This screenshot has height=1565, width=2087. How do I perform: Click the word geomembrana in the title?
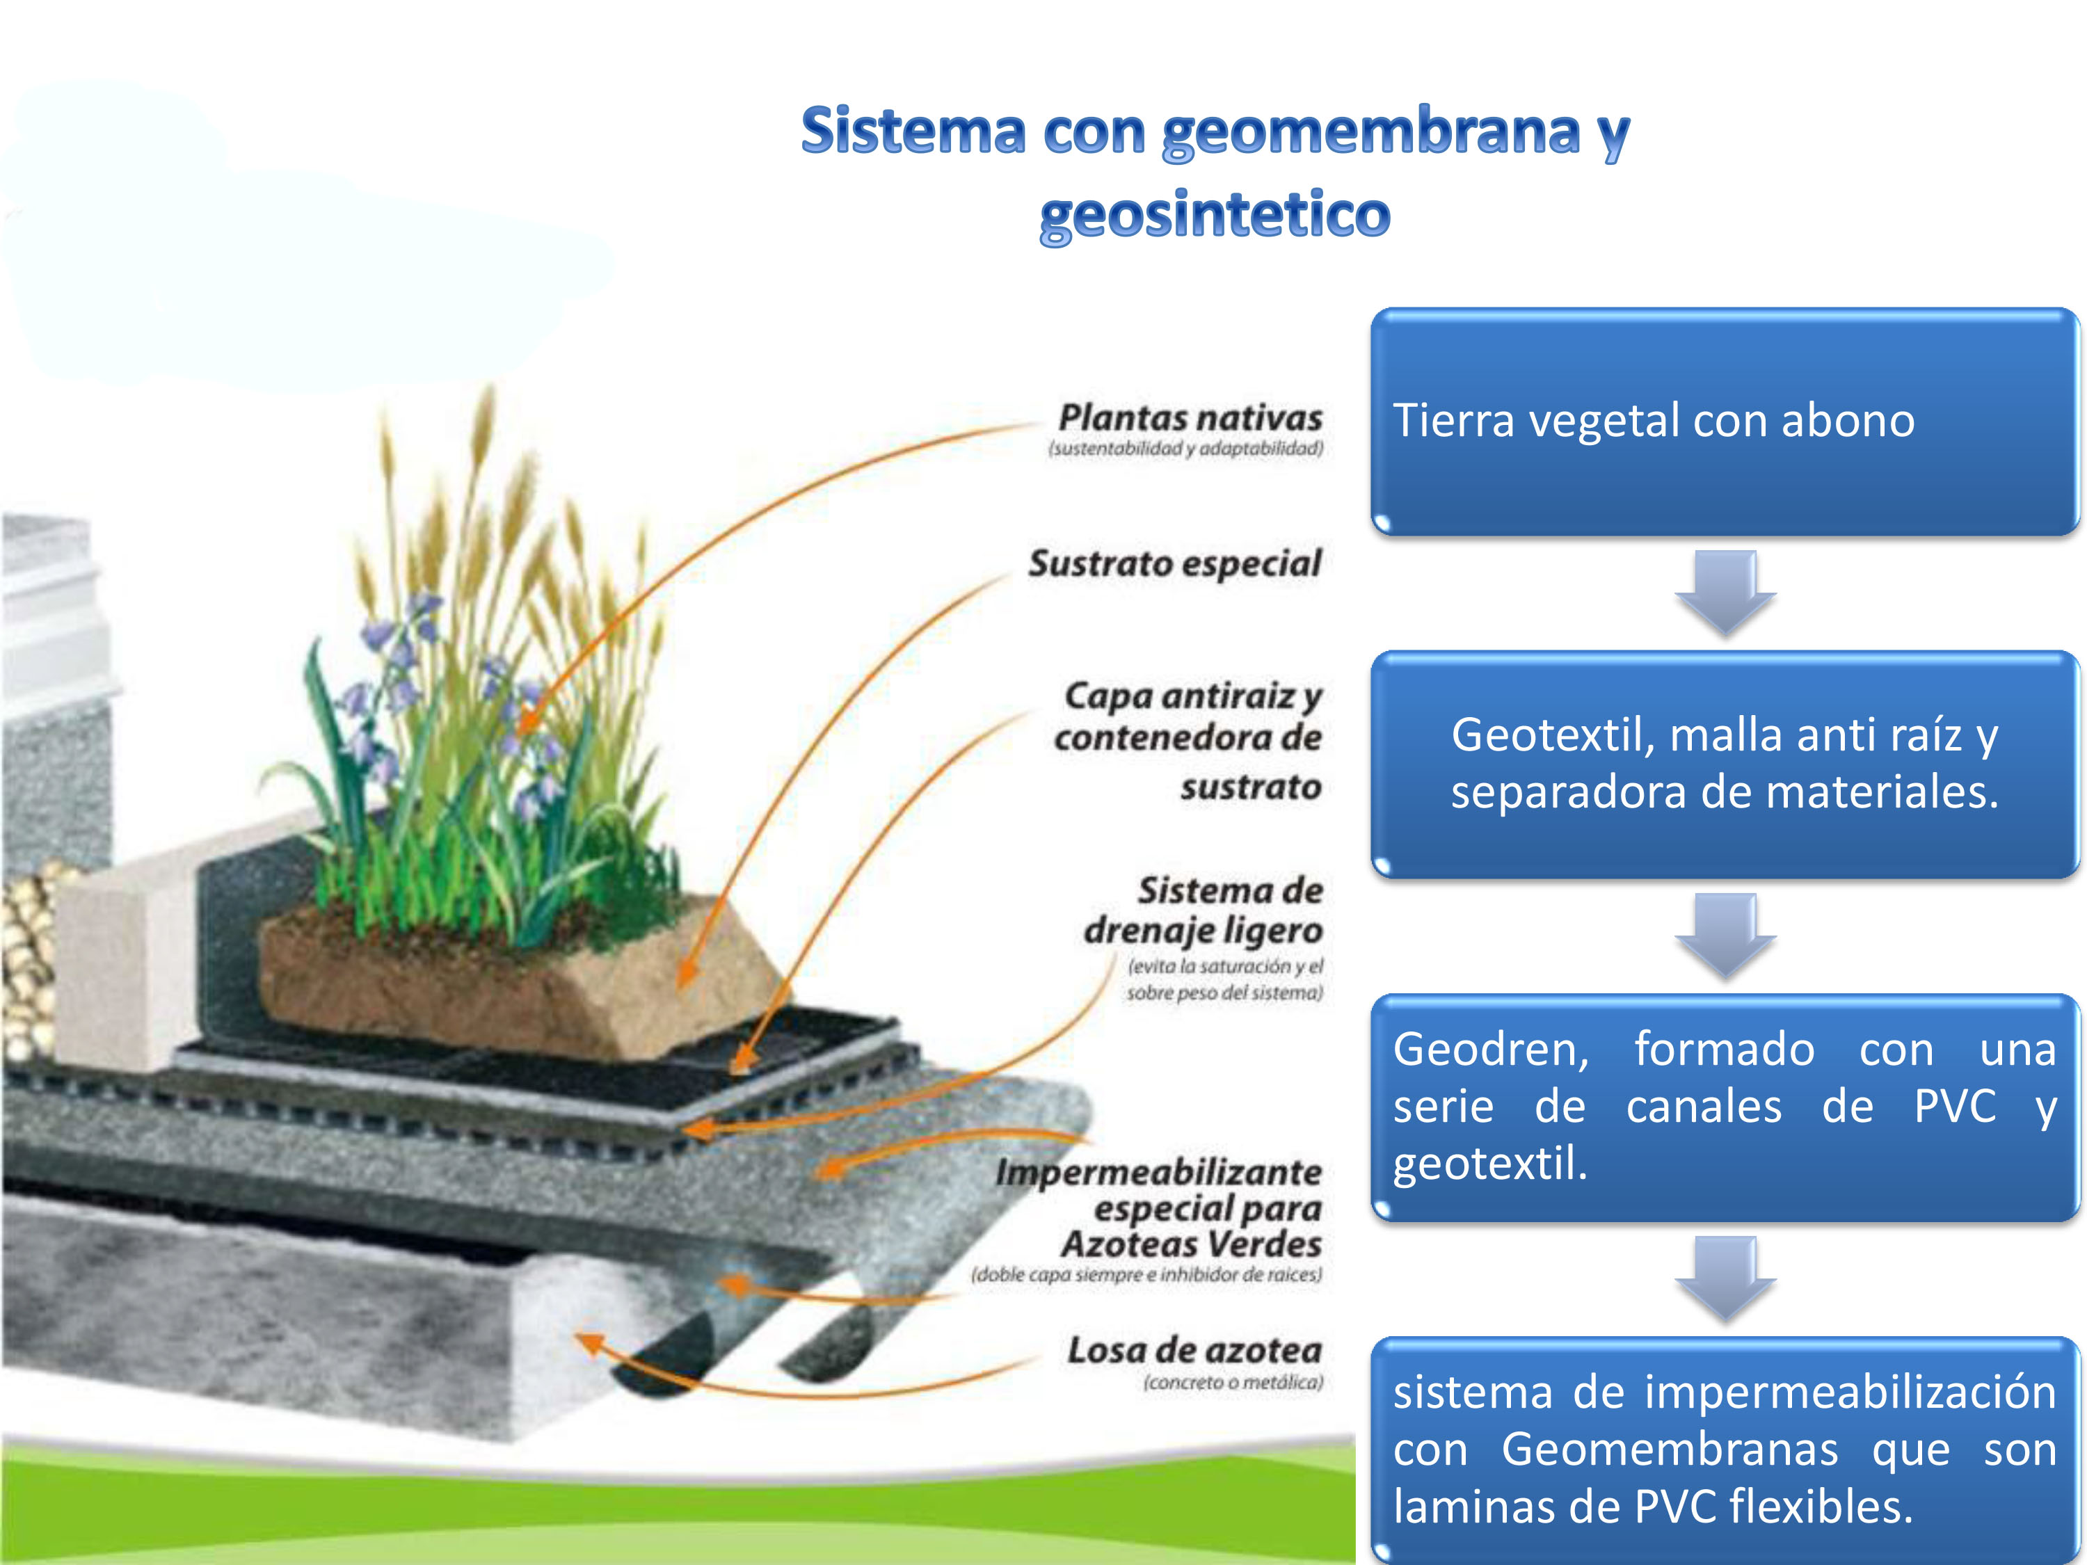coord(1371,132)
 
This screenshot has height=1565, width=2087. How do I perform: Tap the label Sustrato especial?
coord(1175,563)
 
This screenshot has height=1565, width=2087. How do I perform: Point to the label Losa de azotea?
coord(1194,1350)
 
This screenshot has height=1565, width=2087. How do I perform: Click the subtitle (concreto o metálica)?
coord(1233,1382)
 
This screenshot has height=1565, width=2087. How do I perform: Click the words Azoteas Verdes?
coord(1192,1244)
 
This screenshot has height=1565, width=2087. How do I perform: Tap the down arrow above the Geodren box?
coord(1726,936)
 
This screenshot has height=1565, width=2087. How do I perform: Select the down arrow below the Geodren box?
coord(1726,1279)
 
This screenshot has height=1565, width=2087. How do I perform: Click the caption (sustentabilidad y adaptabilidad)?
coord(1186,448)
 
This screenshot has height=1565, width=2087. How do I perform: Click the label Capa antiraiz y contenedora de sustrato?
coord(1189,741)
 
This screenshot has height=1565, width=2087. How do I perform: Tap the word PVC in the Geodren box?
coord(1955,1107)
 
